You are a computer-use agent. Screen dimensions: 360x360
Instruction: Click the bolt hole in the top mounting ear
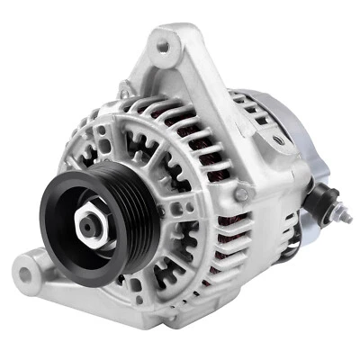(164, 41)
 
